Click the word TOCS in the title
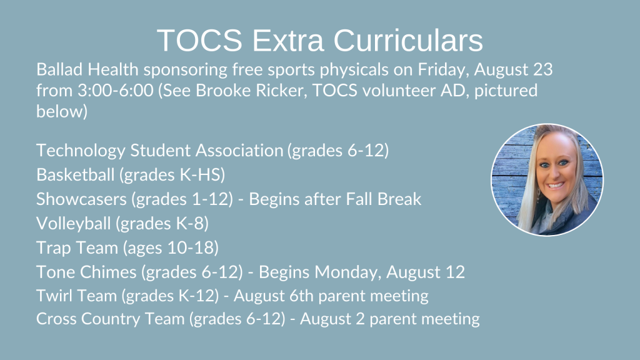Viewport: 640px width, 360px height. point(199,40)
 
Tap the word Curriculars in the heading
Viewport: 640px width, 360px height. point(408,40)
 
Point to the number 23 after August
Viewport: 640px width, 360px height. point(542,69)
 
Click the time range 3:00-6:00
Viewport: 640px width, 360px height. point(116,90)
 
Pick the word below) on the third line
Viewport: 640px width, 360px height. point(62,111)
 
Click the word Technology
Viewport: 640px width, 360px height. point(81,151)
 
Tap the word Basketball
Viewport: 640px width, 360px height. point(75,175)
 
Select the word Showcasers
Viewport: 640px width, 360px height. point(81,199)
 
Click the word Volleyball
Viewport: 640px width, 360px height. point(74,224)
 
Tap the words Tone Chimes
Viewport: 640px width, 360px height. point(86,272)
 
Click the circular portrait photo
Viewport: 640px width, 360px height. point(547,179)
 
